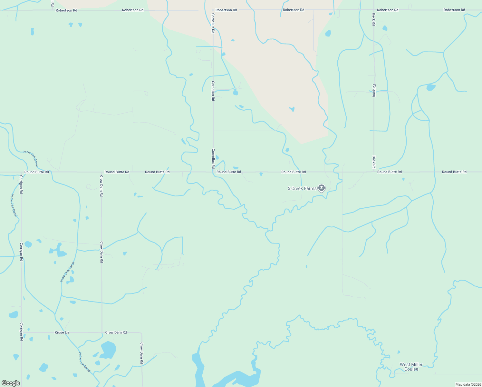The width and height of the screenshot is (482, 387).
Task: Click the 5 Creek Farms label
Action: click(x=302, y=188)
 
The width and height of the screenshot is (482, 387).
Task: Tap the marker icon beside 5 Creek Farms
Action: click(x=321, y=188)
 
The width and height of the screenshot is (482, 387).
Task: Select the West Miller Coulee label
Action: click(x=411, y=367)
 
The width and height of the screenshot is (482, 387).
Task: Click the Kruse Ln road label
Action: click(x=62, y=332)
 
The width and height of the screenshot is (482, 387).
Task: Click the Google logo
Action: click(x=11, y=383)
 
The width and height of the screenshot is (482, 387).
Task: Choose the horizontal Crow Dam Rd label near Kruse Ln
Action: click(x=116, y=332)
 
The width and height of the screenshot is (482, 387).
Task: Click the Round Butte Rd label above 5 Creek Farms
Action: click(x=293, y=172)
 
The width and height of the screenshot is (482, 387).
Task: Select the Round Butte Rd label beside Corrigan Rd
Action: click(x=37, y=172)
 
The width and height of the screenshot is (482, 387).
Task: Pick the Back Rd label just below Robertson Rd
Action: click(x=374, y=19)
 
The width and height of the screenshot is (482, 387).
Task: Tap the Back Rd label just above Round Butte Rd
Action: click(x=374, y=162)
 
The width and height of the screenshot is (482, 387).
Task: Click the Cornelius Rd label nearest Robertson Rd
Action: click(x=213, y=23)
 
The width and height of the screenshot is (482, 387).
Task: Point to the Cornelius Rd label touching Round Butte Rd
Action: click(x=213, y=159)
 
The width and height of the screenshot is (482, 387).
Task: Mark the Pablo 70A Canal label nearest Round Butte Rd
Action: click(x=30, y=158)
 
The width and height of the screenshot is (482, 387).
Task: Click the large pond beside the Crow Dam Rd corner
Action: click(x=108, y=350)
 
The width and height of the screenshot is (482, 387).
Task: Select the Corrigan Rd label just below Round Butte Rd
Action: click(x=21, y=184)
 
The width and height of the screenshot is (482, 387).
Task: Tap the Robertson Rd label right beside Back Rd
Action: click(x=387, y=10)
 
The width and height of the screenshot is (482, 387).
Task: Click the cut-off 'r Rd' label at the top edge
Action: click(x=52, y=3)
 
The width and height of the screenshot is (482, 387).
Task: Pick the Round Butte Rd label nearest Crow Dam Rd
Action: click(x=117, y=172)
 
